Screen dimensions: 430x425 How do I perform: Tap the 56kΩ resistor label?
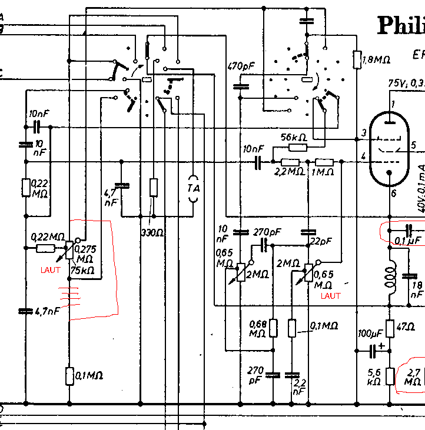294,137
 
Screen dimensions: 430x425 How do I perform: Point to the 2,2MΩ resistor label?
290,172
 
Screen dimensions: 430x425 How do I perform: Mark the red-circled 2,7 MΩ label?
413,376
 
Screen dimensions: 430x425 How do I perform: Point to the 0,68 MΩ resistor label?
257,329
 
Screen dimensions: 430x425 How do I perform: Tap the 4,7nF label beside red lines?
47,310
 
